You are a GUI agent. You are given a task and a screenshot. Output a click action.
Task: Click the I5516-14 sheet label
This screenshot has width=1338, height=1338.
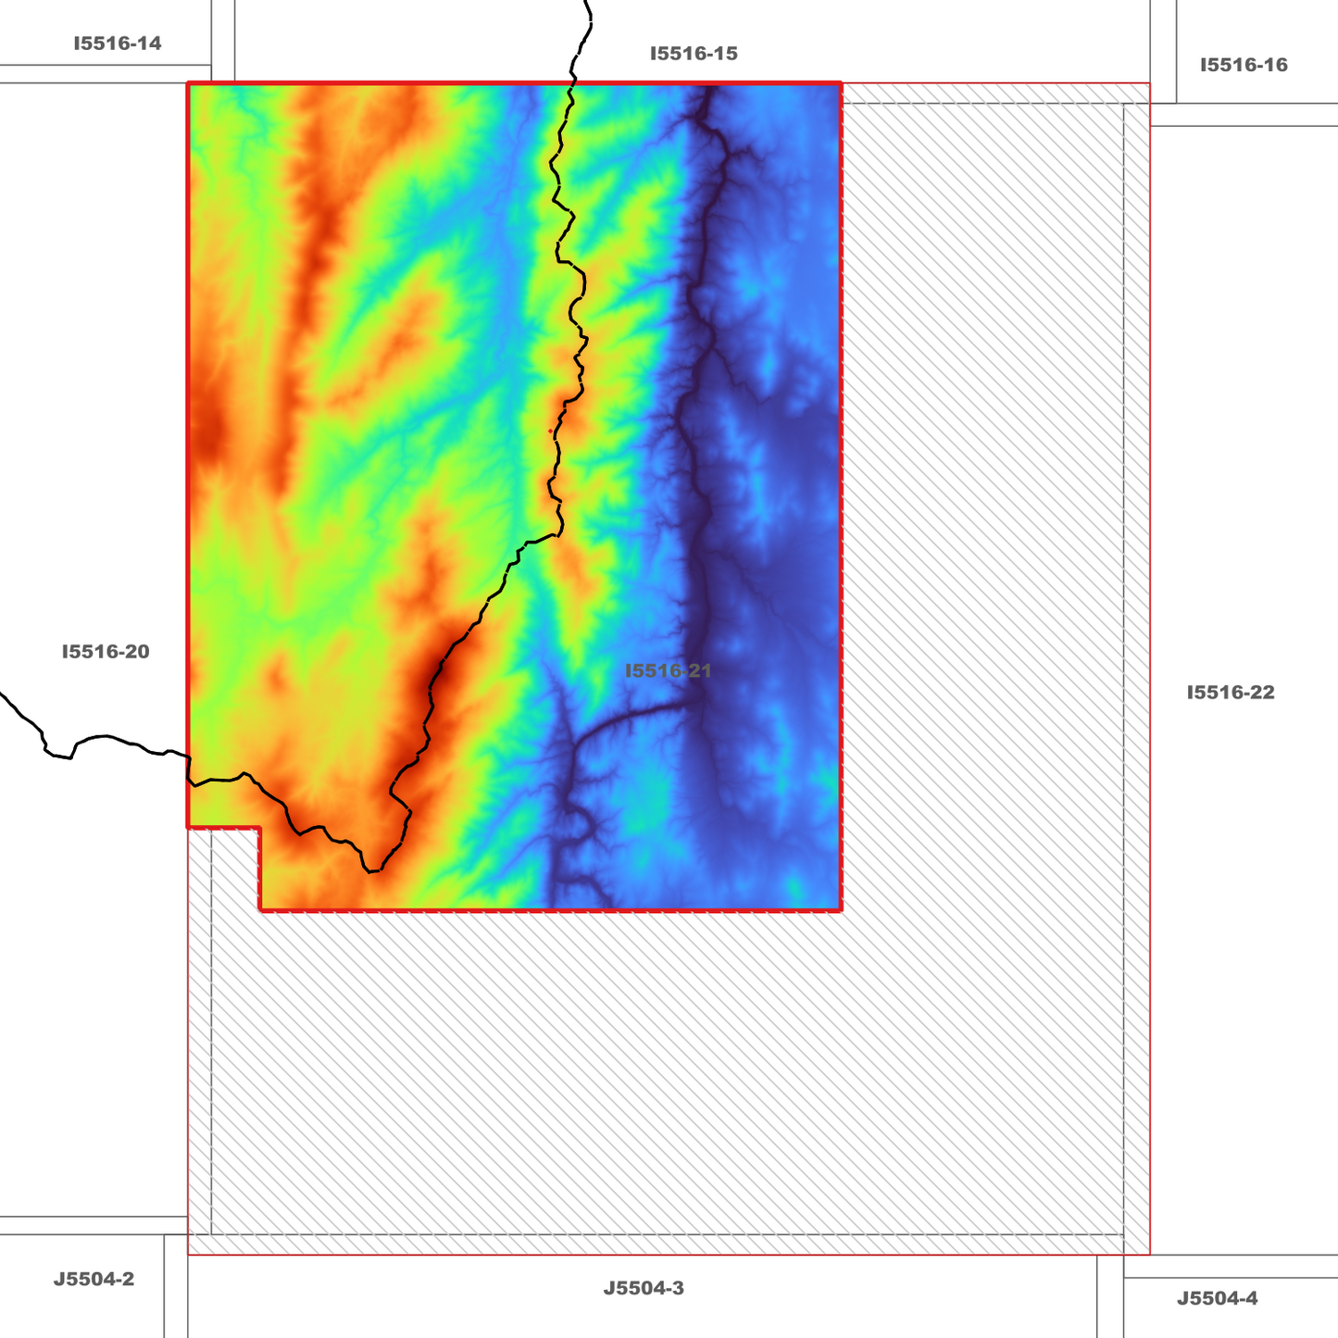coord(117,44)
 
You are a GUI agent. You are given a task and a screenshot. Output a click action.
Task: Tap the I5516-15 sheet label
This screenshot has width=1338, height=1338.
coord(694,54)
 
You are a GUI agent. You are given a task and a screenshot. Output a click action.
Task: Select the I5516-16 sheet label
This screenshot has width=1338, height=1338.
coord(1244,65)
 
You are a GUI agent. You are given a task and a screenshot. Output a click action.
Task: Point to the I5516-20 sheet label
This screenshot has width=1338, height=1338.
coord(106,652)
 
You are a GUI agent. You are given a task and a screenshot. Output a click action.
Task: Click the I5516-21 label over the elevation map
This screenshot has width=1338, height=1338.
coord(668,670)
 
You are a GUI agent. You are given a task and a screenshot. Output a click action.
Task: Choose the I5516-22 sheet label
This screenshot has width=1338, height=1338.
coord(1231,693)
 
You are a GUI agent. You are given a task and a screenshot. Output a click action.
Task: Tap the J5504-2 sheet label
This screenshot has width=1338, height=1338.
coord(94,1280)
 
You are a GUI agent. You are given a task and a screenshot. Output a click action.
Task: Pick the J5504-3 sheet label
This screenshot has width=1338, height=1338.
coord(644,1288)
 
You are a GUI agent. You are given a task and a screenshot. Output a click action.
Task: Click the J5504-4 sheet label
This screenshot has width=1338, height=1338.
coord(1217,1299)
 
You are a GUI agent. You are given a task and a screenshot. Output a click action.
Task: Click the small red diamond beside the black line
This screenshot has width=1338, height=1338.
coord(551,431)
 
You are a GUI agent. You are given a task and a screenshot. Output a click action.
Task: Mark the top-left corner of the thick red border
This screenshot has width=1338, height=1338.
coord(189,84)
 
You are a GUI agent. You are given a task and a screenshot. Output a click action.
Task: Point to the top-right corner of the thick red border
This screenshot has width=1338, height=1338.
coord(841,84)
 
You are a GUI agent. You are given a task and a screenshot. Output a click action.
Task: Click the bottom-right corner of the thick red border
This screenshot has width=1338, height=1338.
coord(841,910)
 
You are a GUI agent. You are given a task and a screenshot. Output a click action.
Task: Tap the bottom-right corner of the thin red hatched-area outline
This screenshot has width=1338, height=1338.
coord(1149,1255)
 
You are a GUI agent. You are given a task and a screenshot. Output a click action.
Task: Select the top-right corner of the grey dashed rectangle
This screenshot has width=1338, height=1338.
coord(1123,105)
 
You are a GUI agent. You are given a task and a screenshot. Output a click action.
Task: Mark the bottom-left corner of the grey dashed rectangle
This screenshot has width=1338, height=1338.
coord(212,1233)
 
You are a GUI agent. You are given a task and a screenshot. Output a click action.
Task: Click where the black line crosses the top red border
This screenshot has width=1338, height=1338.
coord(574,84)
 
